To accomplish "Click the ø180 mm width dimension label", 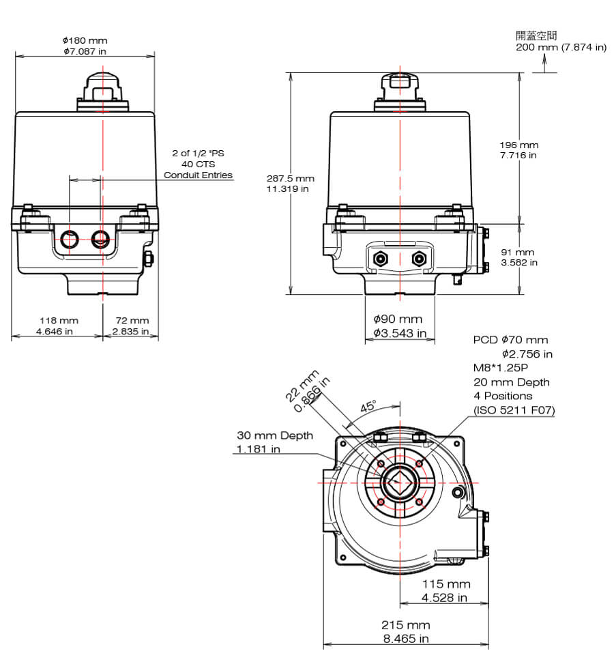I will coord(85,41).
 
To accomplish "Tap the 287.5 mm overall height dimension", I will coord(290,179).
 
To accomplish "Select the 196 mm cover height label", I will coord(518,145).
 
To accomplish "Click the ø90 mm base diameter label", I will coord(398,319).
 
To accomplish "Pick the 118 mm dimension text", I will coord(58,320).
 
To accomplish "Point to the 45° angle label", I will coord(368,407).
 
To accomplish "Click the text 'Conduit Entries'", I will coord(199,175).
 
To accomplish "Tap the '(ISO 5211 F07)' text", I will coord(514,410).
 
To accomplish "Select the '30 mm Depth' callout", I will coord(275,435).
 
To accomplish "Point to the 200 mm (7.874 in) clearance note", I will coord(561,47).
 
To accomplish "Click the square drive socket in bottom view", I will coord(398,482).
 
